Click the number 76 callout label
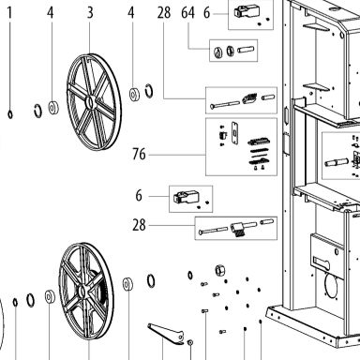pos(139,154)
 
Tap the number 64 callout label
pos(188,13)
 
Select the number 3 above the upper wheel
pos(90,13)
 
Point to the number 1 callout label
pos(10,13)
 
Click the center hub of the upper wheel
pos(90,102)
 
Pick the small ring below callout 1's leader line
pos(10,114)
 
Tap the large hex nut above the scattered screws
pos(220,270)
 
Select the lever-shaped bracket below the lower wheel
pos(166,334)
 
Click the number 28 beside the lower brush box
pos(139,225)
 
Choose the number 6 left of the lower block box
pos(139,196)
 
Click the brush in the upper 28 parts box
pos(249,98)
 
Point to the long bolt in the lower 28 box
pos(213,231)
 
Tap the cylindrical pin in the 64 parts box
pos(246,50)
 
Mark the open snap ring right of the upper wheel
pos(149,91)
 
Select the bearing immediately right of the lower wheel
pos(127,284)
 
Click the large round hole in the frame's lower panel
pos(332,286)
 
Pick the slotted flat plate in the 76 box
pos(234,133)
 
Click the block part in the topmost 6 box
pos(247,11)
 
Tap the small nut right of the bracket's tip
pos(189,343)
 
